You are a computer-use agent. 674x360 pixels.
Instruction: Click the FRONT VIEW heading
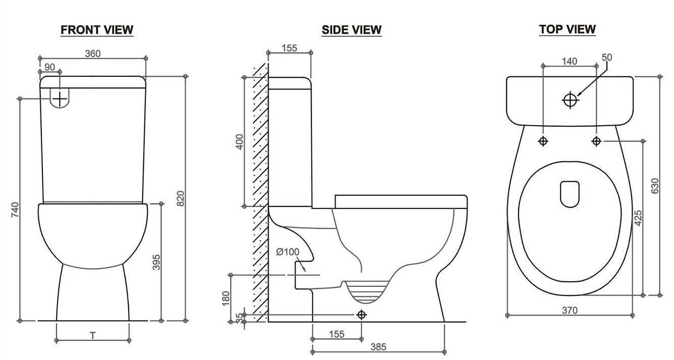pyautogui.click(x=97, y=30)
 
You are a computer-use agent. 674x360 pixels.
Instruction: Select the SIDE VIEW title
pyautogui.click(x=351, y=30)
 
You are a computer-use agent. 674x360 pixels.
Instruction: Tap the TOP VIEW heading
pyautogui.click(x=567, y=29)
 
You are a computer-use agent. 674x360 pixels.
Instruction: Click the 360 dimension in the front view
pyautogui.click(x=92, y=54)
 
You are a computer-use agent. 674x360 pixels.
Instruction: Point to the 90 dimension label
pyautogui.click(x=49, y=67)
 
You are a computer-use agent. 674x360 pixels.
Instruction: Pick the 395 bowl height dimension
pyautogui.click(x=157, y=262)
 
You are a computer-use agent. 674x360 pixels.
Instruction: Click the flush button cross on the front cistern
pyautogui.click(x=60, y=98)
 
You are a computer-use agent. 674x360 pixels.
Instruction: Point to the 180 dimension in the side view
pyautogui.click(x=226, y=298)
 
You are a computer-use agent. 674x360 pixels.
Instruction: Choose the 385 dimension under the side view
pyautogui.click(x=378, y=347)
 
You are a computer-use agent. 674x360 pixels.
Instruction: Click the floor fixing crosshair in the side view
pyautogui.click(x=361, y=315)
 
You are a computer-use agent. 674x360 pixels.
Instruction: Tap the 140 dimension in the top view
pyautogui.click(x=569, y=62)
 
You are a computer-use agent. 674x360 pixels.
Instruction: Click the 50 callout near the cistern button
pyautogui.click(x=606, y=58)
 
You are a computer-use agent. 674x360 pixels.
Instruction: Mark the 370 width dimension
pyautogui.click(x=569, y=311)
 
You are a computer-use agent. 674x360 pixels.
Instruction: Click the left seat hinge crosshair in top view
pyautogui.click(x=543, y=141)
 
